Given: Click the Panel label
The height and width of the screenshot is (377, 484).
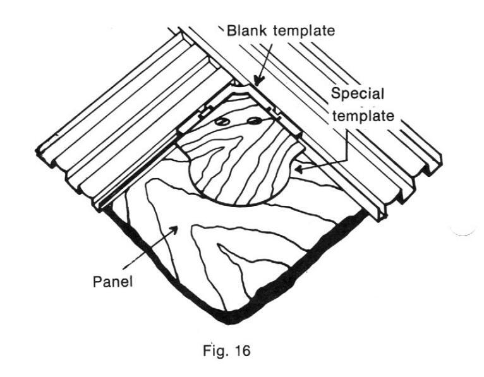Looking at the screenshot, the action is pos(113,282).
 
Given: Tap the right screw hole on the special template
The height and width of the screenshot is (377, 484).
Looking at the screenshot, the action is pos(253,119).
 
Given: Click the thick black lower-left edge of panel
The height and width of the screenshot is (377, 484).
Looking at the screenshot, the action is pos(158,272).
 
